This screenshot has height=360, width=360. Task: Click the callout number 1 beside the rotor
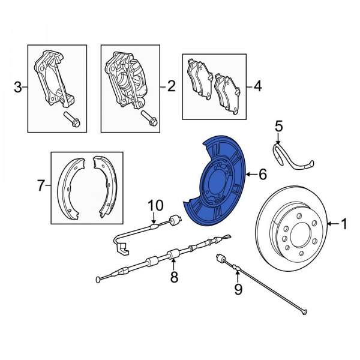[344, 224]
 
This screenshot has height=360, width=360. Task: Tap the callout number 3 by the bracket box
[18, 88]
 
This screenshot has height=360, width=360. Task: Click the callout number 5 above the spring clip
[278, 127]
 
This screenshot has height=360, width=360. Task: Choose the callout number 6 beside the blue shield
[262, 175]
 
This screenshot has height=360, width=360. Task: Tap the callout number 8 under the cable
[174, 277]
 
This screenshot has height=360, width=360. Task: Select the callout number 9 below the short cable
[238, 291]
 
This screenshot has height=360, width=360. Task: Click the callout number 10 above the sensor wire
[155, 206]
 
